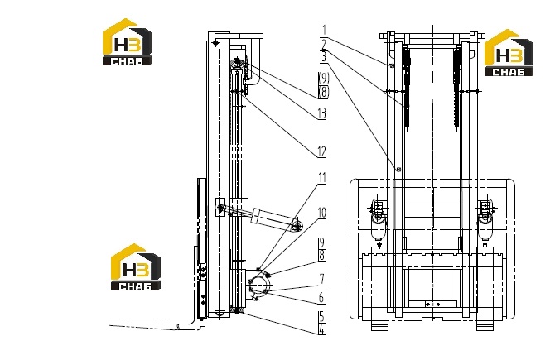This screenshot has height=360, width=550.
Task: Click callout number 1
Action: tap(325, 30)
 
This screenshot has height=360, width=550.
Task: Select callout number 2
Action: tap(324, 45)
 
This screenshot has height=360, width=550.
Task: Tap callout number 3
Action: tap(324, 57)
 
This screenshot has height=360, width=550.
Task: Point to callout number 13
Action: tap(322, 113)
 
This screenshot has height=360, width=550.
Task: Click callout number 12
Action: tap(322, 151)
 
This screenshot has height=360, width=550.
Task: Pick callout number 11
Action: tap(322, 178)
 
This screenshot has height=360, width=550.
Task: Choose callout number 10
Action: tap(322, 213)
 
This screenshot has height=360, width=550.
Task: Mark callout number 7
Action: tap(322, 279)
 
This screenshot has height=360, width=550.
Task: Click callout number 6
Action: tap(321, 298)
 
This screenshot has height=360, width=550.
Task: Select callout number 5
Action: tap(322, 317)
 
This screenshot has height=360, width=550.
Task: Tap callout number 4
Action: tap(322, 329)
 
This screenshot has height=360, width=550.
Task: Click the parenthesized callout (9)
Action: tap(324, 78)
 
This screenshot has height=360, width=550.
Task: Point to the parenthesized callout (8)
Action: tap(324, 92)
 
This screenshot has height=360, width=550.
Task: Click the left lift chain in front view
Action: tap(407, 88)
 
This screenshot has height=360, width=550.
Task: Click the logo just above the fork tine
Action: tap(136, 267)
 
